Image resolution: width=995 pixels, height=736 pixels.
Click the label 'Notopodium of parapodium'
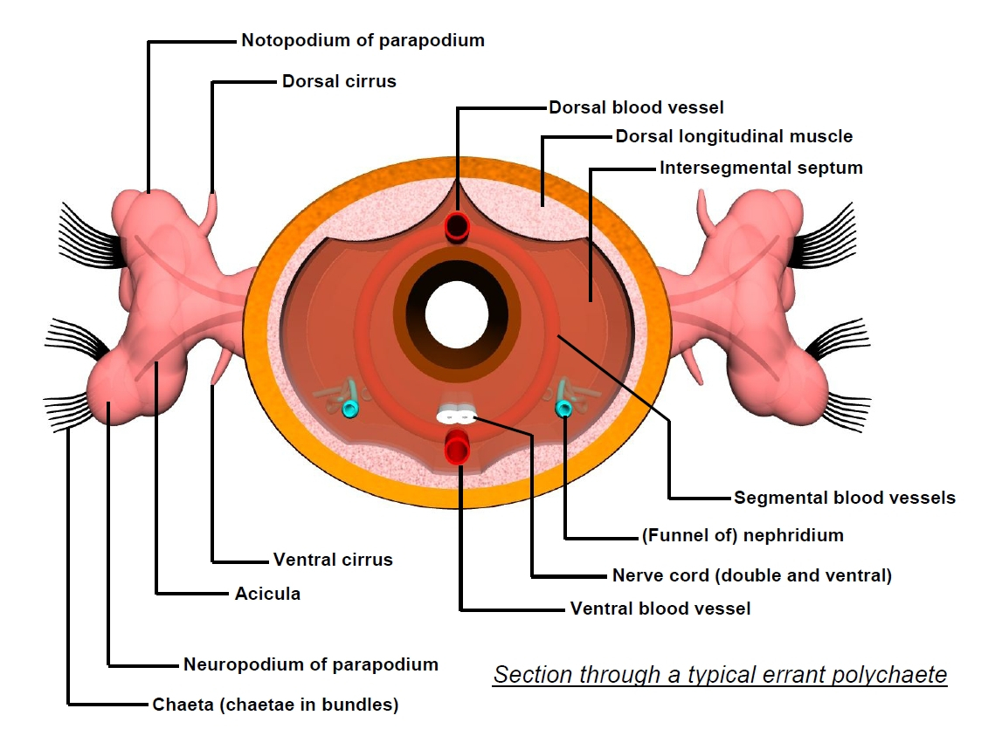click(363, 40)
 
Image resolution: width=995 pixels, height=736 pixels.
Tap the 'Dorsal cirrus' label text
click(339, 81)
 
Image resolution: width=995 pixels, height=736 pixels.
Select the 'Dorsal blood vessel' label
click(636, 107)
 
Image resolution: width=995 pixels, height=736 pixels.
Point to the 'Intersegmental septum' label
click(761, 167)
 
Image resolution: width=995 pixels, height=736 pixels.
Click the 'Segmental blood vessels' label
click(845, 498)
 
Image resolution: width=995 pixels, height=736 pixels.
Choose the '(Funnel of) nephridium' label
click(743, 535)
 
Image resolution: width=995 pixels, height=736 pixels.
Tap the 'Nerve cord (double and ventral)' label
click(751, 575)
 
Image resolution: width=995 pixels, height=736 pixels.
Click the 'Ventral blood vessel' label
click(660, 609)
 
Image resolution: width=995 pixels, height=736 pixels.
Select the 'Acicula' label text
click(267, 594)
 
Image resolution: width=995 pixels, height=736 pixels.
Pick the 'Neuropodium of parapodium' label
click(310, 664)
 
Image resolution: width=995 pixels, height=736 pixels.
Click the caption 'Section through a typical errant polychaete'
click(720, 675)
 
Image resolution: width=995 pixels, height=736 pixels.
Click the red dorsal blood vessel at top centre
click(457, 227)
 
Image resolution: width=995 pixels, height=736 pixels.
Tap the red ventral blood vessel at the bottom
click(457, 447)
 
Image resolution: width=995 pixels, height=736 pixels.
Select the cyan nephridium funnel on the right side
click(563, 408)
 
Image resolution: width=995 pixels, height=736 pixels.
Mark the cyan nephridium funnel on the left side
click(350, 409)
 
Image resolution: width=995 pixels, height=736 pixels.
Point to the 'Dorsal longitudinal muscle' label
click(734, 136)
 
